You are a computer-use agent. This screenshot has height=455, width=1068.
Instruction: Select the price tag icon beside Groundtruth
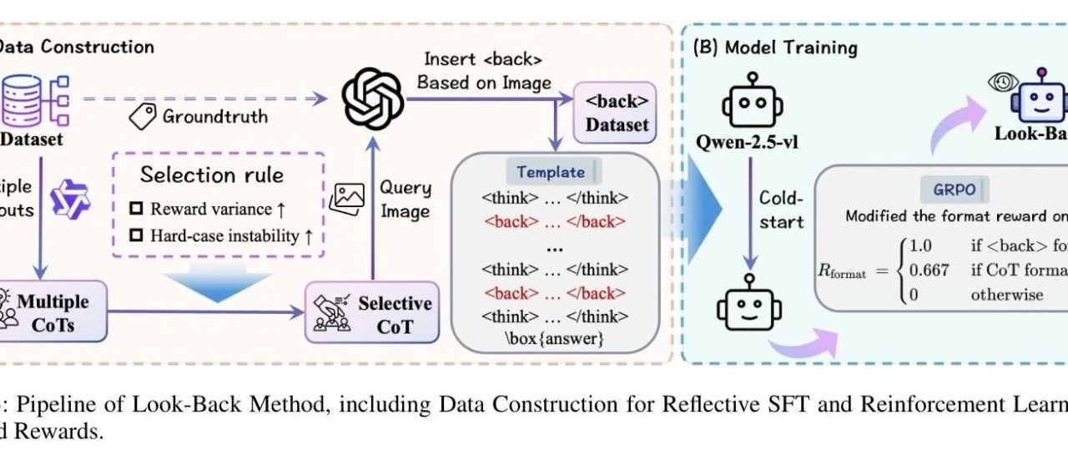[x=142, y=116]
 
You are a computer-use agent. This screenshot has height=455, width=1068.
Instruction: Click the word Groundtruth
[x=214, y=116]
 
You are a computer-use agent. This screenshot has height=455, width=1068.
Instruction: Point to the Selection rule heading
[x=212, y=174]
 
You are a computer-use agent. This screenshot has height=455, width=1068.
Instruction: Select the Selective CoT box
[x=372, y=314]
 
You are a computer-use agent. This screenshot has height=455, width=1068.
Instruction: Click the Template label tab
[x=551, y=172]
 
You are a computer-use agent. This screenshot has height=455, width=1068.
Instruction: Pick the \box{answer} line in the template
[x=554, y=340]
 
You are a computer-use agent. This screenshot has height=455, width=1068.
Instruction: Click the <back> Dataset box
[x=617, y=114]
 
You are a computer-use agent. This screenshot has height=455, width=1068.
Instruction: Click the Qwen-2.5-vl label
[x=748, y=142]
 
